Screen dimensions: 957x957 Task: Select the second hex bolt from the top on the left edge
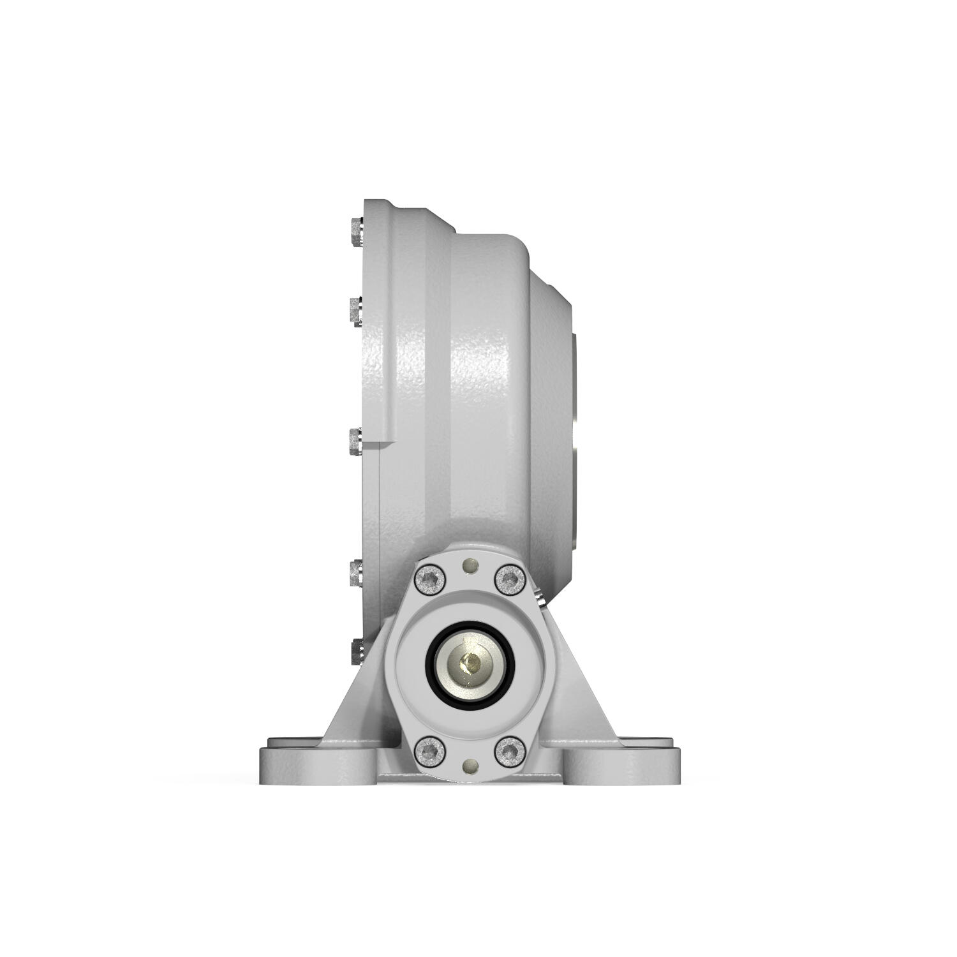[356, 311]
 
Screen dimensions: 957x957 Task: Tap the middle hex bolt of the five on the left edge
[355, 441]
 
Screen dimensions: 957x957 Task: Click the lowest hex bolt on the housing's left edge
[356, 651]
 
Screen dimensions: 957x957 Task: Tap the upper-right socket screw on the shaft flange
[510, 579]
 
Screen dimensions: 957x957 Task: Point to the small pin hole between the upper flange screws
[470, 565]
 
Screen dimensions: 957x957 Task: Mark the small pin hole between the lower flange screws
[470, 765]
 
